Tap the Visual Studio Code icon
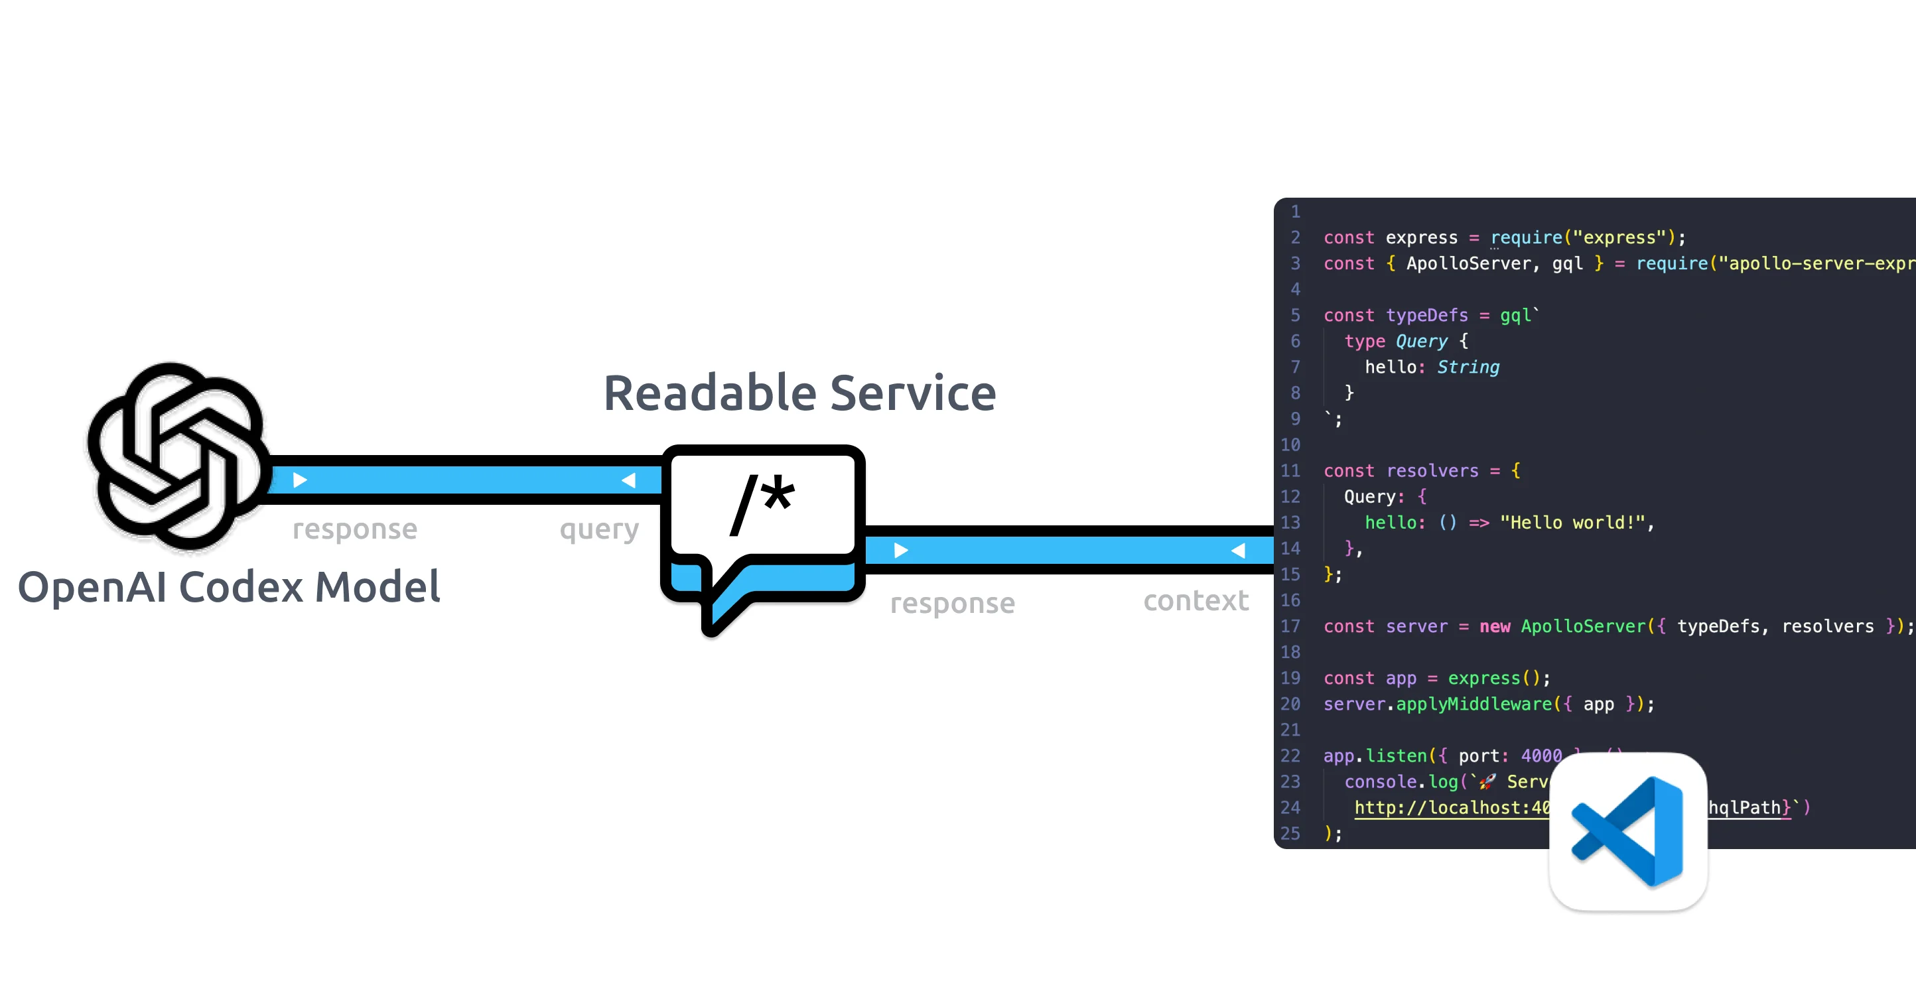(x=1627, y=831)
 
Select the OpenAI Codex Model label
(x=229, y=586)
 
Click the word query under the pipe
(x=598, y=529)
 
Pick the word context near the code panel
(x=1196, y=601)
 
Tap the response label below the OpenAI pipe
(x=355, y=529)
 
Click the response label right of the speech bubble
(x=952, y=603)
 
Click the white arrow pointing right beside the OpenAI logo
(x=300, y=480)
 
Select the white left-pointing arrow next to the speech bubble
(x=629, y=480)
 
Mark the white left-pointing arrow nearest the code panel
(x=1239, y=551)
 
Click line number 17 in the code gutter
(x=1290, y=626)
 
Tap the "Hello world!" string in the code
(x=1572, y=523)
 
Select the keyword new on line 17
(x=1494, y=626)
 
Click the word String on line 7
(x=1468, y=367)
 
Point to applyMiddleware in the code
(x=1473, y=704)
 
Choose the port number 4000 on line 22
(x=1541, y=756)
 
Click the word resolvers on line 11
(x=1432, y=471)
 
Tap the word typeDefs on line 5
(x=1426, y=315)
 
